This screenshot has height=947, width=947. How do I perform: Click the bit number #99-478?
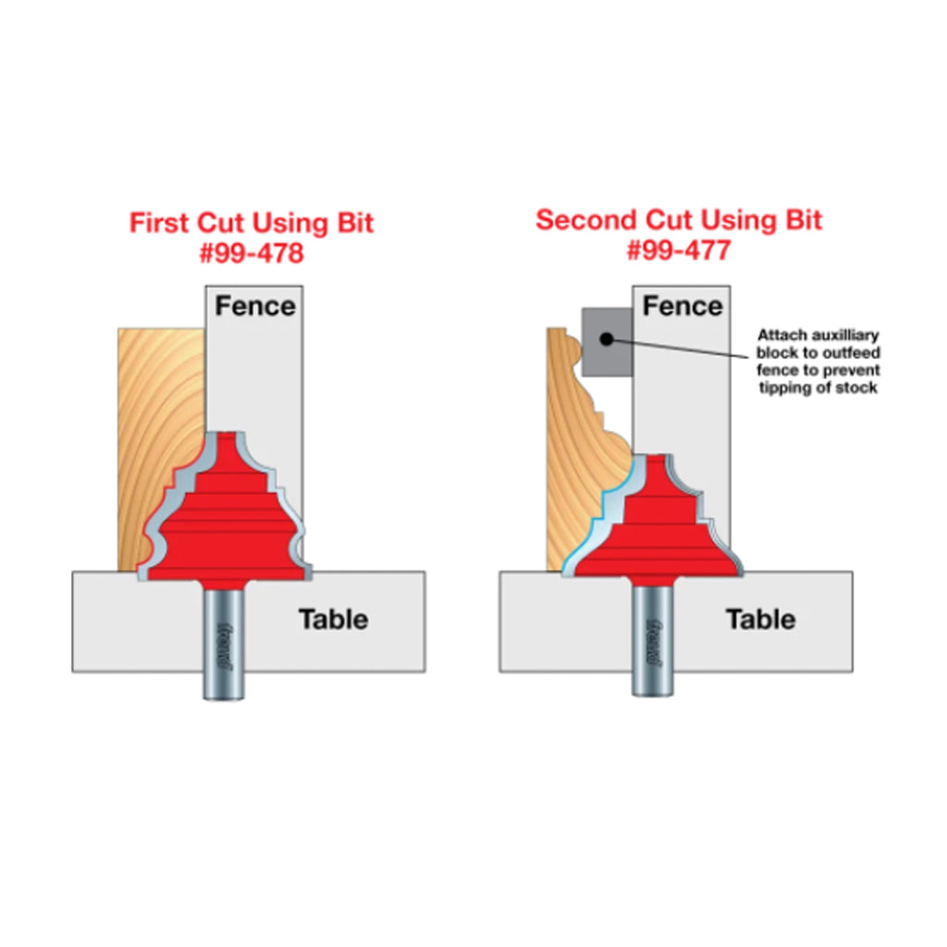point(252,252)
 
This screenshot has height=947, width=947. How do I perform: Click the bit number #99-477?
point(679,250)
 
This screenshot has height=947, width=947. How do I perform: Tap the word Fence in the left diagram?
point(255,305)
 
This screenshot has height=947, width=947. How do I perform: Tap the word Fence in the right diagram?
point(683,305)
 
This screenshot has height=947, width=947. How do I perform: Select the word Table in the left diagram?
point(333,619)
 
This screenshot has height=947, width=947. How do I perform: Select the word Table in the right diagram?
point(760,619)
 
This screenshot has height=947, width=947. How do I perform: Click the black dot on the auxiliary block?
point(607,339)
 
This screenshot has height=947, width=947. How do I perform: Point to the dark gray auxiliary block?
point(607,342)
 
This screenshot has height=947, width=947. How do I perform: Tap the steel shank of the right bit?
point(652,640)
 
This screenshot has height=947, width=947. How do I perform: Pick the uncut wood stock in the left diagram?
point(158,423)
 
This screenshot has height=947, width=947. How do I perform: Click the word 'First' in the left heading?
point(159,222)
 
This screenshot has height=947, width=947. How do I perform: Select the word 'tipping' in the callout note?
point(785,388)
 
